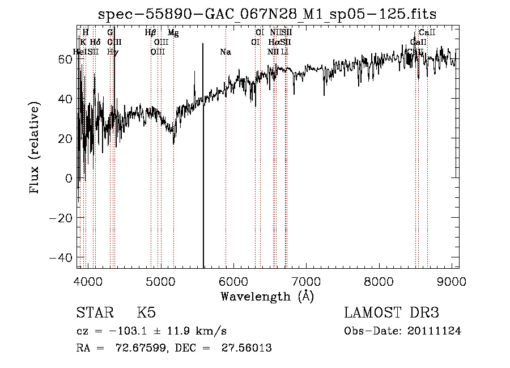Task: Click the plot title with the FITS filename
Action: [x=267, y=14]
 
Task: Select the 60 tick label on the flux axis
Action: [x=65, y=59]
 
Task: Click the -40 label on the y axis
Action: [x=62, y=257]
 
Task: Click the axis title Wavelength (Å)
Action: [x=267, y=296]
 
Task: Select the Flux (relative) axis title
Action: [x=35, y=148]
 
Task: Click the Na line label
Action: [x=226, y=52]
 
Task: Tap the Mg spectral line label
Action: [x=173, y=33]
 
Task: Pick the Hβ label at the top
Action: [x=150, y=33]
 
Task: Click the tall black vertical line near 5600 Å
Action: [x=203, y=170]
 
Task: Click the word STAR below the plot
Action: [x=94, y=313]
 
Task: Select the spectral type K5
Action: [x=146, y=313]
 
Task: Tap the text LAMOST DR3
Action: [x=392, y=313]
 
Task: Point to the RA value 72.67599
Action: [x=142, y=348]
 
